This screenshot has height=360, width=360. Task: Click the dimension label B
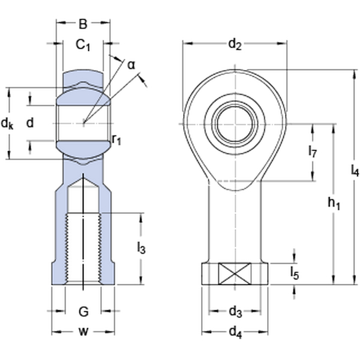[83, 25]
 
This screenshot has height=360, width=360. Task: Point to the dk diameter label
[7, 124]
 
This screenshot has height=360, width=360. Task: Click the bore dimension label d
[30, 123]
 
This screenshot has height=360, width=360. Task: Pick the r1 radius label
[116, 140]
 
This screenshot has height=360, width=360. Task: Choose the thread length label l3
[142, 247]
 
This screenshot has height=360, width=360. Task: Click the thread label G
[83, 311]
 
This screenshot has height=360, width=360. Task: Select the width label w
[83, 332]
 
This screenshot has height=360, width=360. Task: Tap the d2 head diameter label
[235, 44]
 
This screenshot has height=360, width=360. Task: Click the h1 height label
[334, 205]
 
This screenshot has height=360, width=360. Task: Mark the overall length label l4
[355, 172]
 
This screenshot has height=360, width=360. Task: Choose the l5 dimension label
[295, 274]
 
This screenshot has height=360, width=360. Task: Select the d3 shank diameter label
[235, 311]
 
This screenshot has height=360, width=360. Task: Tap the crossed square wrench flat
[235, 274]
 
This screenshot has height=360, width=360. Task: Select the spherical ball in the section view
[83, 123]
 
